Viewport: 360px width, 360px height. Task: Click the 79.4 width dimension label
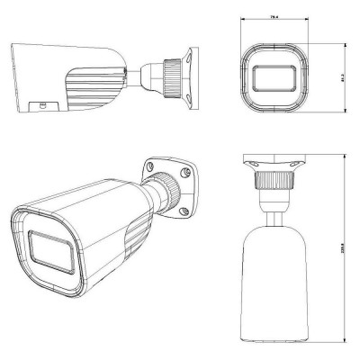tap(274, 15)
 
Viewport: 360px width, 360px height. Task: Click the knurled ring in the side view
tap(168, 74)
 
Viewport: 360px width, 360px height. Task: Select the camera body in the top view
tap(276, 279)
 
